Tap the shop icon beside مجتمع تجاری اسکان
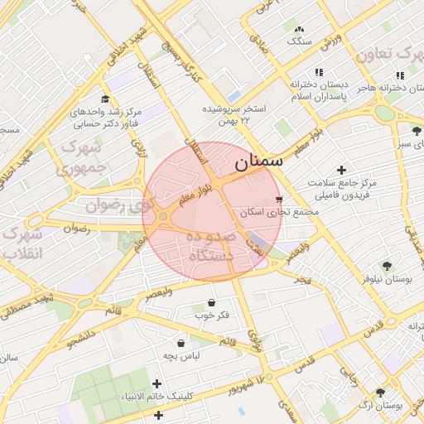pos(279,200)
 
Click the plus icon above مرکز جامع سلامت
pos(340,169)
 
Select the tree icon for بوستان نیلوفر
pos(386,266)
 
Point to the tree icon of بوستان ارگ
pos(380,393)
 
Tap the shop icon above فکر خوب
pos(212,302)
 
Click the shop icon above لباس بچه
pos(181,343)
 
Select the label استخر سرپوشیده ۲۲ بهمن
pos(235,114)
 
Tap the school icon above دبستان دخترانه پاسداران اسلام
pos(320,72)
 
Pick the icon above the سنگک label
pos(298,28)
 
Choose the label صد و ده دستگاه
pos(212,247)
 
